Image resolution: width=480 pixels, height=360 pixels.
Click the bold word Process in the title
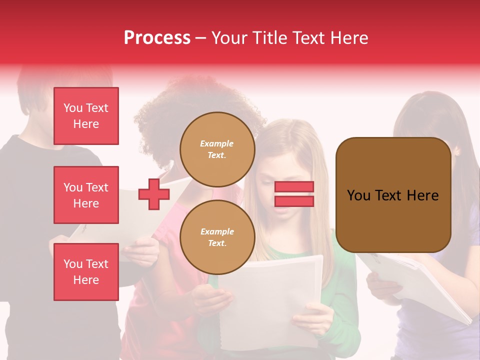[157, 38]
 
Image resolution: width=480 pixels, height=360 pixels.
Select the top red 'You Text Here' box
[86, 116]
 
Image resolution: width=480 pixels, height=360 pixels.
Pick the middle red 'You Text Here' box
[86, 195]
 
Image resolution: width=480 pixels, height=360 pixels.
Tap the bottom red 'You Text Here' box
[86, 271]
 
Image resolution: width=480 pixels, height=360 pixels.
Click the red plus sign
[154, 194]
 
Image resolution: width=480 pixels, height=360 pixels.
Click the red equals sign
[294, 194]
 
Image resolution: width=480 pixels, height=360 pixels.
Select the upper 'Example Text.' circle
[217, 149]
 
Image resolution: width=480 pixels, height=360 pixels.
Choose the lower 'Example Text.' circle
[217, 237]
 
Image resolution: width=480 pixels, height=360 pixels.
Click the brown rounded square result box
[393, 195]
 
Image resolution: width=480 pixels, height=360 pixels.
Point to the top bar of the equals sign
[294, 187]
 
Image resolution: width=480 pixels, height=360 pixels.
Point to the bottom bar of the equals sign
[294, 201]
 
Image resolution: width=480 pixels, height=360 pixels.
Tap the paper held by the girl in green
[270, 300]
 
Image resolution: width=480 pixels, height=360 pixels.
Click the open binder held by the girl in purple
[425, 285]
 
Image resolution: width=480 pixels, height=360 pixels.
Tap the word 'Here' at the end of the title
[349, 38]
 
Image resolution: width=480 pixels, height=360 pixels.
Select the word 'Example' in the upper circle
[217, 143]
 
